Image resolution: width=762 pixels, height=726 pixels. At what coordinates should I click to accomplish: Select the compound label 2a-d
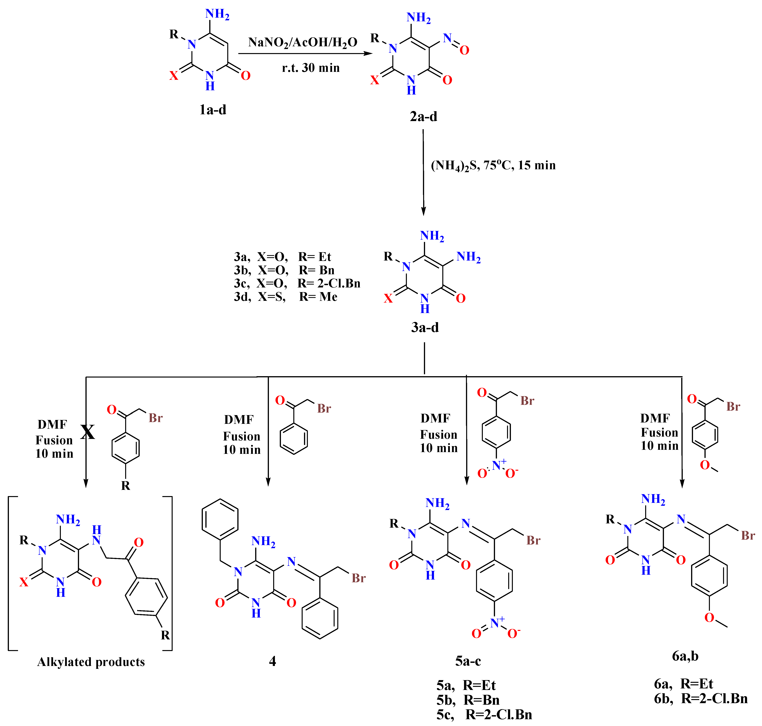pos(423,116)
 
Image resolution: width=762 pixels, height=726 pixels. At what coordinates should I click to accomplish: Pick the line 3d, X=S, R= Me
pos(286,297)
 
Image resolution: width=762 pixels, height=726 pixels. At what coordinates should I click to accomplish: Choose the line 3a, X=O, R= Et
pos(282,257)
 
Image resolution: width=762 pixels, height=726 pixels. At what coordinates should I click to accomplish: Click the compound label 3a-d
pos(425,327)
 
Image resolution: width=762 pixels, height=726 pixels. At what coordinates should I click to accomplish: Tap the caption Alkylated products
pos(91,662)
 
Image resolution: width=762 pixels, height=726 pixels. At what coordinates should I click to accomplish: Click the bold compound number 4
pos(272,661)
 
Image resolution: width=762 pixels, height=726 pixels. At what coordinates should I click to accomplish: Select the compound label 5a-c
pos(468,661)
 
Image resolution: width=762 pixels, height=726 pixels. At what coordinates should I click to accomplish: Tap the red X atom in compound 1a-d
pos(174,76)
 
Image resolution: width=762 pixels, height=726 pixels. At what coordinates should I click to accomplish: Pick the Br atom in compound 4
pos(358,578)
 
